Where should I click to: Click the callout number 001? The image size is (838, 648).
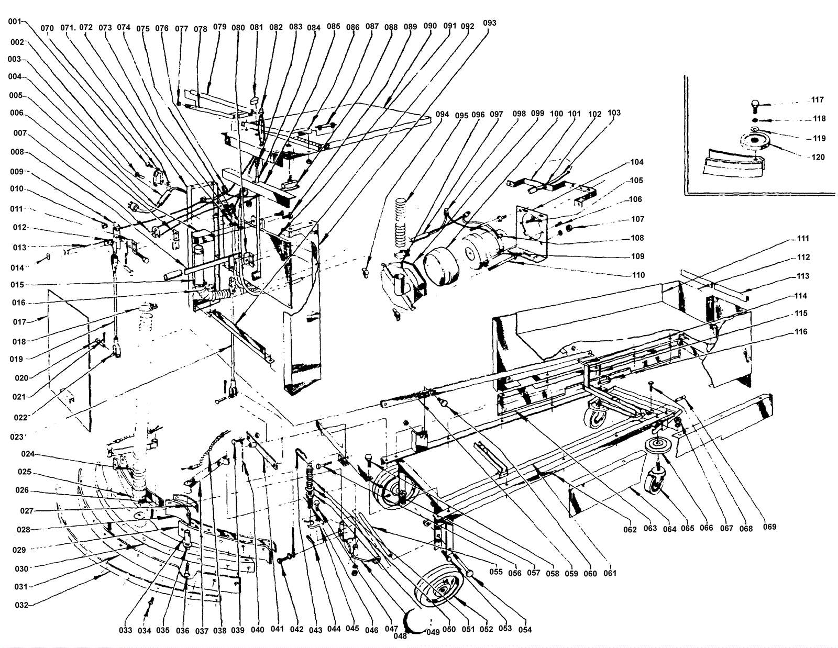pos(14,22)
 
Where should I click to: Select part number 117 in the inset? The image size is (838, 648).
pos(818,100)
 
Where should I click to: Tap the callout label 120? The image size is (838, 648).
pos(818,157)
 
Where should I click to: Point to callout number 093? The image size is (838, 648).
pos(490,23)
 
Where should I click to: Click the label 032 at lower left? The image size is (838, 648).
pos(21,606)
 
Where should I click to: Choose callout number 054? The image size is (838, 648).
pos(524,630)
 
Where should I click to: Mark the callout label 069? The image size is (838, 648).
pos(769,527)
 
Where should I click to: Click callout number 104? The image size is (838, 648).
pos(637,162)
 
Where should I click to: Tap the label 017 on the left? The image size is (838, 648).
pos(19,322)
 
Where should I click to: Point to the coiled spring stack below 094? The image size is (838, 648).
pos(401,221)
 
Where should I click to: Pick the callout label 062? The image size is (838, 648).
pos(630,529)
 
